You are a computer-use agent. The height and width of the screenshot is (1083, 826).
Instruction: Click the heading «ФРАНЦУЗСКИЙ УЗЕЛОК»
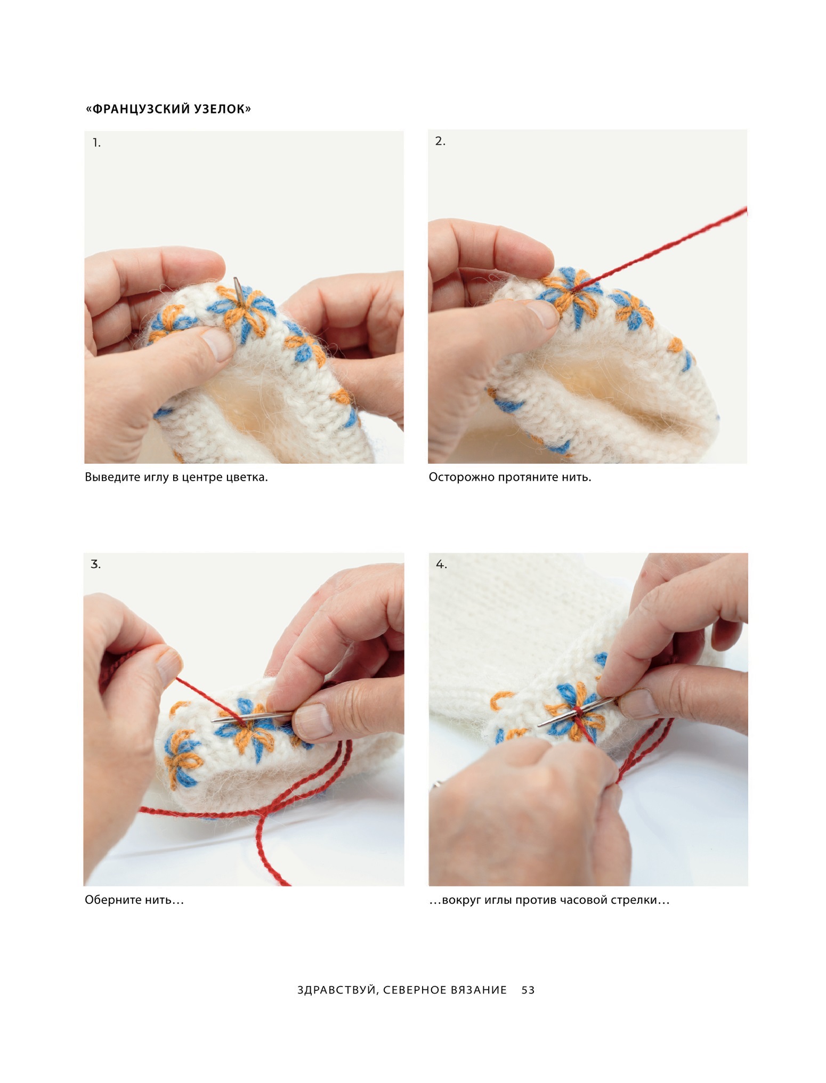[x=168, y=109]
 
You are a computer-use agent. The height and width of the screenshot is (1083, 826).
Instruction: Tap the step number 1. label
[x=96, y=143]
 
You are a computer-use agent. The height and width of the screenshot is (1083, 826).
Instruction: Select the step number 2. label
[x=440, y=141]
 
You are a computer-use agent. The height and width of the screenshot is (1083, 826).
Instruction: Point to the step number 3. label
[x=96, y=564]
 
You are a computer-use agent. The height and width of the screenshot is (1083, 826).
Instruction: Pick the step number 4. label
[x=441, y=564]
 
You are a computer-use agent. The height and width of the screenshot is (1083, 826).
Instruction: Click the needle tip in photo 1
[x=236, y=279]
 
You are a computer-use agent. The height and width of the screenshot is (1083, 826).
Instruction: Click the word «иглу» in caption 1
[x=156, y=478]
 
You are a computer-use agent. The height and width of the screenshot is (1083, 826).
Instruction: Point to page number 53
[x=528, y=990]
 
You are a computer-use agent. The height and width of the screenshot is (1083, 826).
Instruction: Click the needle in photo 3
[x=254, y=716]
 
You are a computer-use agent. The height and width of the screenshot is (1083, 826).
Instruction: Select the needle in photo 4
[x=576, y=712]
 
